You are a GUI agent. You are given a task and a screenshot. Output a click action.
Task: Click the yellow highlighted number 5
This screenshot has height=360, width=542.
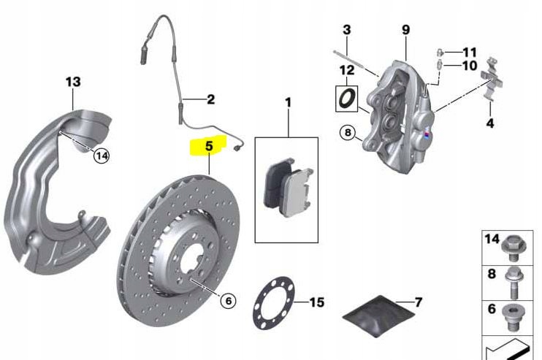coord(208,146)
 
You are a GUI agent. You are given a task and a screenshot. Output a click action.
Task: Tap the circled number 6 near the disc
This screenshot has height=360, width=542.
coord(227,300)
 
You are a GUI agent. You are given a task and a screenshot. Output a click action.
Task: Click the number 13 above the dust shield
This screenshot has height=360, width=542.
coord(73,82)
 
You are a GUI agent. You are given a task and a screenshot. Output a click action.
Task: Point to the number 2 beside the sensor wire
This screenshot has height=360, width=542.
coord(210,99)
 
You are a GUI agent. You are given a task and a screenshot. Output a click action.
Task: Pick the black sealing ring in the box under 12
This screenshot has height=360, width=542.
coord(346,97)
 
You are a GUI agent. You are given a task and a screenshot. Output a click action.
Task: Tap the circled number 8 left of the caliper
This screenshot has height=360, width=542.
coord(348,133)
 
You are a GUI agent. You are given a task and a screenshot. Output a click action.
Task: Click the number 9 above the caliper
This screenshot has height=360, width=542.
coord(405,30)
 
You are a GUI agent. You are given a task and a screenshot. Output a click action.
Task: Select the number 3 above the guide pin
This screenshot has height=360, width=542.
coord(346,30)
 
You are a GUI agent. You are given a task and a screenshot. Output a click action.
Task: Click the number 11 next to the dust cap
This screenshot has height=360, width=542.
coord(469,52)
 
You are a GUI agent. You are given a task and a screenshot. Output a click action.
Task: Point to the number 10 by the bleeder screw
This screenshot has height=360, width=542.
coord(469,66)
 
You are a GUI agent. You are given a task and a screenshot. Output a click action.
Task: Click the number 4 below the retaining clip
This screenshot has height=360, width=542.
coord(489,123)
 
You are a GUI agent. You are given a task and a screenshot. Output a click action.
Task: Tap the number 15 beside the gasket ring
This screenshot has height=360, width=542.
coord(316,302)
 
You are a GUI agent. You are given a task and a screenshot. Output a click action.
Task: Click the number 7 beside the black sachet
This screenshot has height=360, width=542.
coord(419,302)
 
